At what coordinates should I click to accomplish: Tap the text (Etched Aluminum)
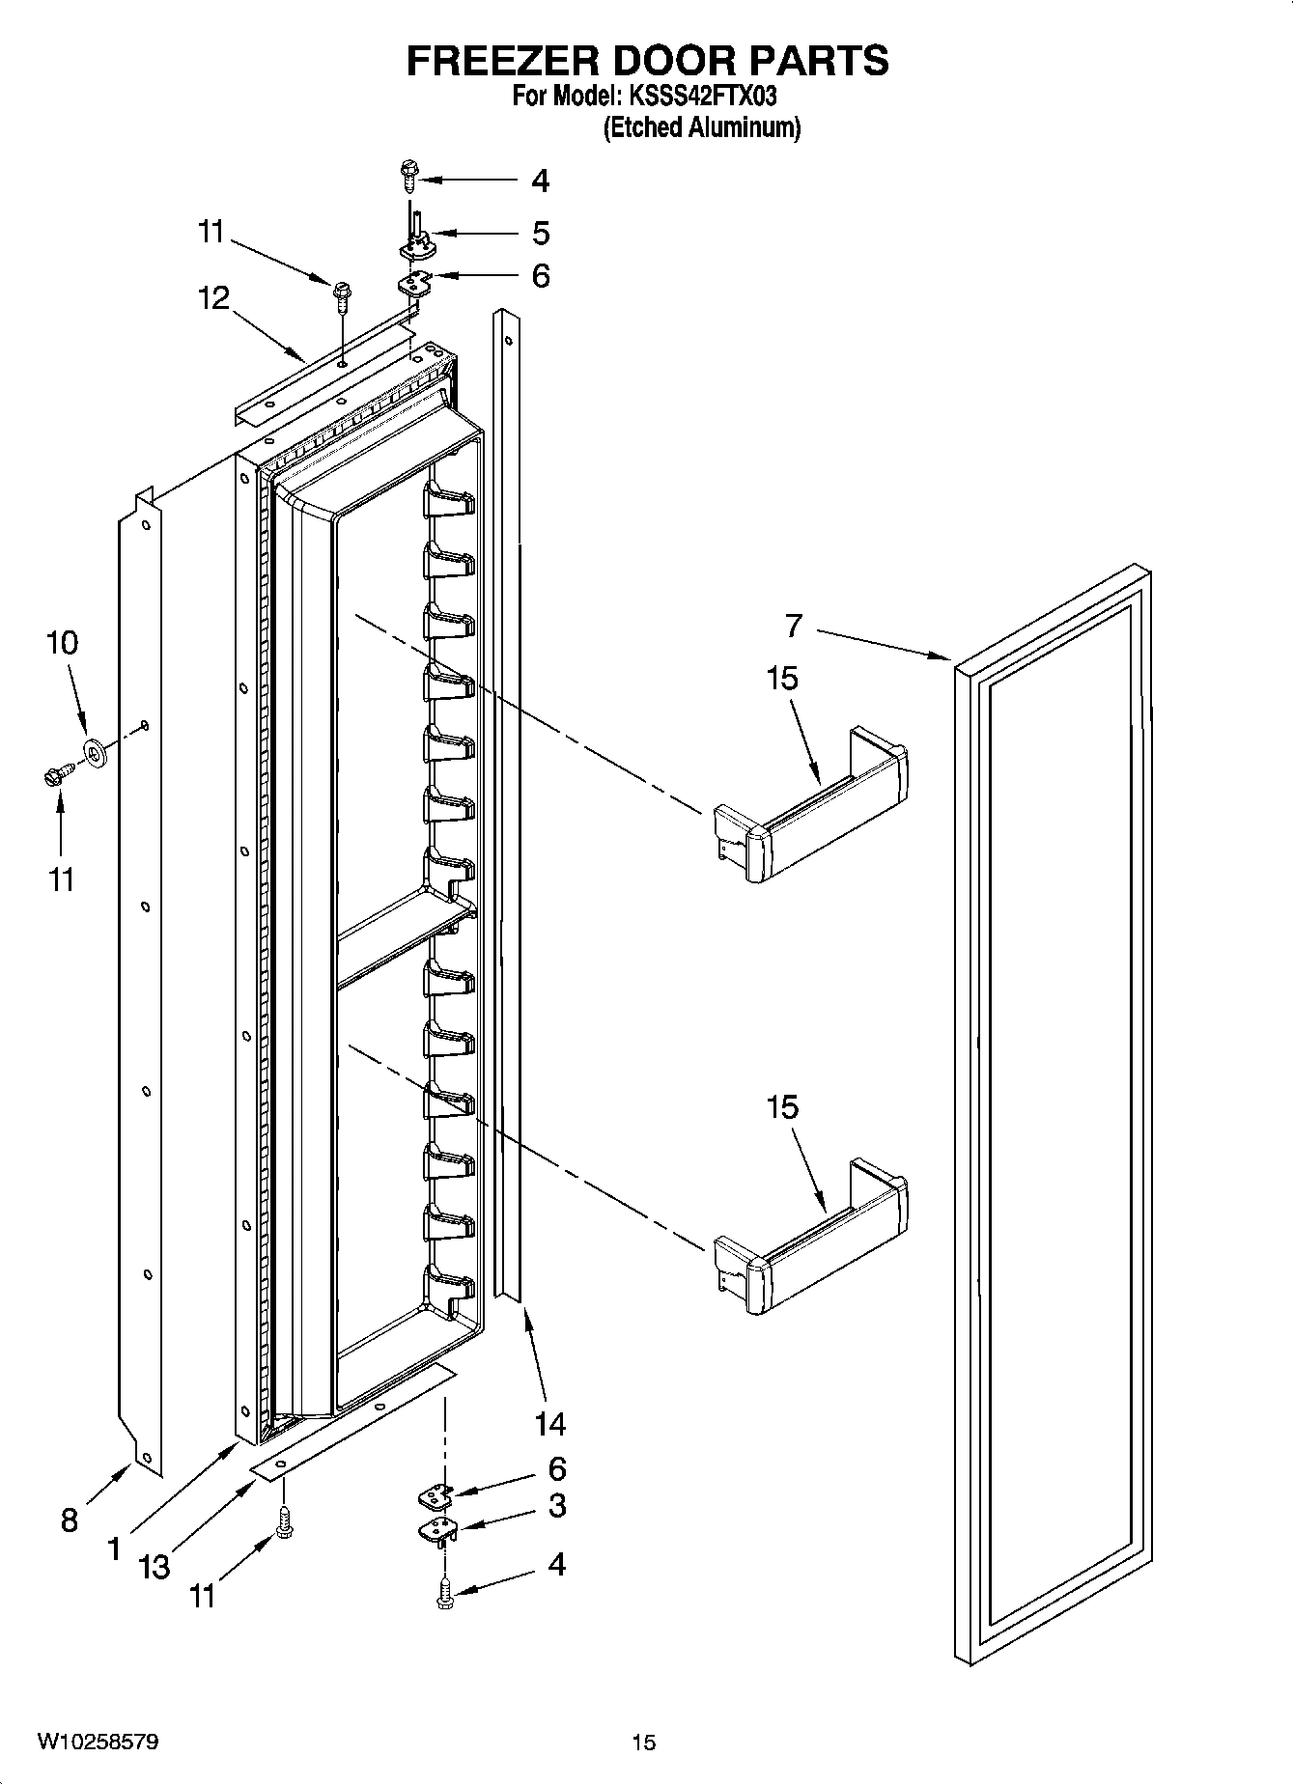pos(702,127)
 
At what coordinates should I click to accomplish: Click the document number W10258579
pos(98,1742)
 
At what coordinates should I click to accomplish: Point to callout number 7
pos(793,626)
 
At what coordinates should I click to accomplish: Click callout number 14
pos(549,1423)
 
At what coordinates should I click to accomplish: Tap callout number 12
pos(214,297)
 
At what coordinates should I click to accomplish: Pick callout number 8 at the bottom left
pos(69,1520)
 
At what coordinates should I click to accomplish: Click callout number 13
pos(154,1566)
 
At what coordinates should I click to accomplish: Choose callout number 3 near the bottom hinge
pos(557,1505)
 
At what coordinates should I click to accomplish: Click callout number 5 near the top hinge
pos(541,233)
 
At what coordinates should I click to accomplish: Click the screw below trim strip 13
pos(285,1523)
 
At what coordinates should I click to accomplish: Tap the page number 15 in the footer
pos(644,1742)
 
